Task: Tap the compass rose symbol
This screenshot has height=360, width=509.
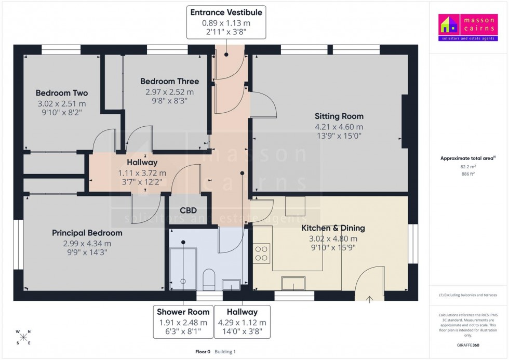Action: [x=23, y=337]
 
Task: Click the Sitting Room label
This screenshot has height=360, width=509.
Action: [x=339, y=116]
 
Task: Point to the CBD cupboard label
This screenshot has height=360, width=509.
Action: [x=187, y=210]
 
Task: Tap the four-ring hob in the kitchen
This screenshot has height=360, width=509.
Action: [x=261, y=253]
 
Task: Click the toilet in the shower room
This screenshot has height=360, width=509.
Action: [x=209, y=278]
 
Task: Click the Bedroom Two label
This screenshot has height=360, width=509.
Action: [x=61, y=93]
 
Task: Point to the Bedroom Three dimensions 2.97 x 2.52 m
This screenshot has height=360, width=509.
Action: [x=169, y=91]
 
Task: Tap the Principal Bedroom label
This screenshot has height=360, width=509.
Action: [x=87, y=233]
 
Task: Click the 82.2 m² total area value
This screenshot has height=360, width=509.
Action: [x=468, y=167]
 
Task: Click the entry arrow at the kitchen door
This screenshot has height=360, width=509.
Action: [x=370, y=299]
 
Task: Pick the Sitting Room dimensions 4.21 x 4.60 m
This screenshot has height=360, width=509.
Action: [x=339, y=126]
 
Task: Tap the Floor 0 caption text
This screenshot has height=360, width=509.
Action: [x=203, y=352]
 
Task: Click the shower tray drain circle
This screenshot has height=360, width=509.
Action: [x=183, y=281]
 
